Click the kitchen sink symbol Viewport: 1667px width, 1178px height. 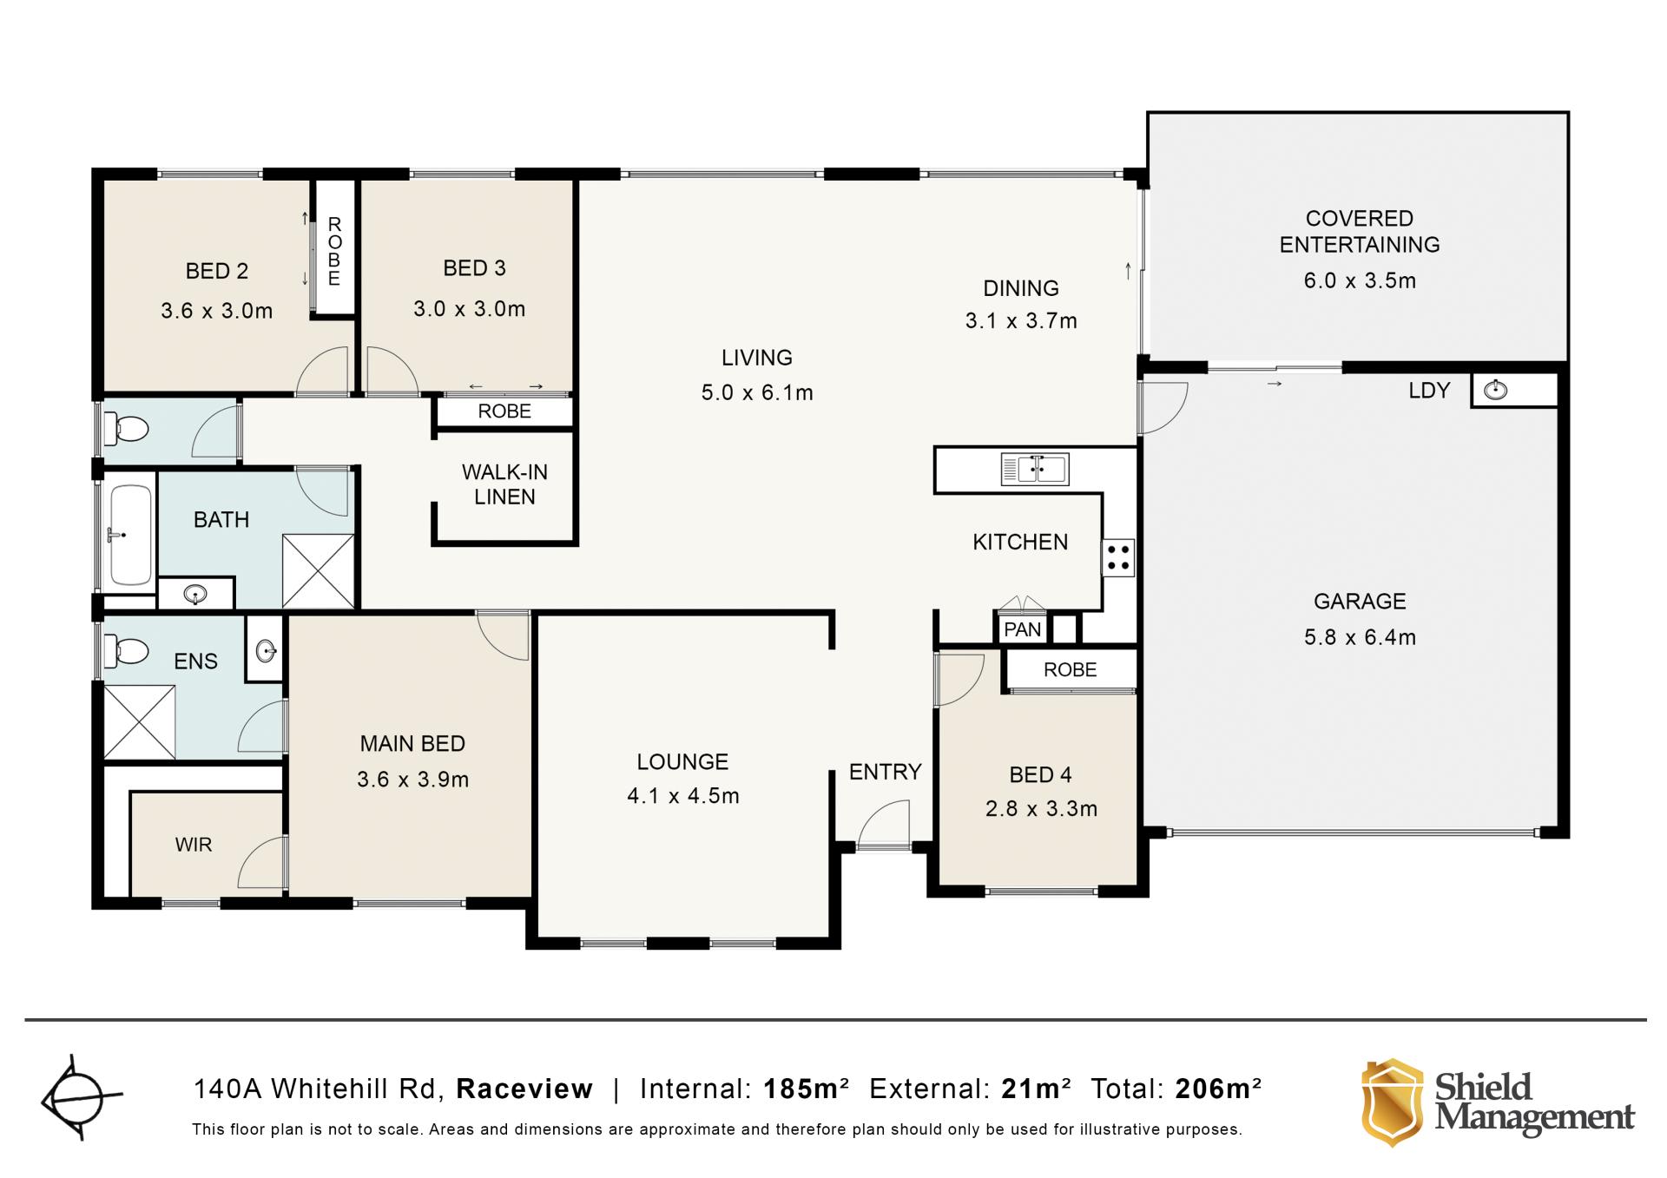1035,470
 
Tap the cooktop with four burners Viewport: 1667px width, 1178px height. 1118,557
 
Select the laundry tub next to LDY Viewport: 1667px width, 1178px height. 1495,391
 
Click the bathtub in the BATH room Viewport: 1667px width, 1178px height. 130,535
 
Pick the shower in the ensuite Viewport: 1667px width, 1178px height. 139,721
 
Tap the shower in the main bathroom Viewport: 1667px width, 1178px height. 319,571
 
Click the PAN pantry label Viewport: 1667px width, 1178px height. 1022,629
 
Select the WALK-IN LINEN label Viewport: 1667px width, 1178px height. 504,484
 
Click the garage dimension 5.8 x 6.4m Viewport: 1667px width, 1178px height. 1360,637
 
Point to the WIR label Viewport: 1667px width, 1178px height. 193,845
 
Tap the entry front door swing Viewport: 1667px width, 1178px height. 884,824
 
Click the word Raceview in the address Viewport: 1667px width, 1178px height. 524,1089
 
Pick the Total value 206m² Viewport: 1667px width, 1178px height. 1218,1089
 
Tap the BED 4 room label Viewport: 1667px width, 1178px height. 1040,774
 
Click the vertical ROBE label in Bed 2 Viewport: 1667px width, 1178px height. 334,252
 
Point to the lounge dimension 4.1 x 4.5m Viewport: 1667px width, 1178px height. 683,796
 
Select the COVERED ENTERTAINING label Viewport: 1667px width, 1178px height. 1360,232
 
